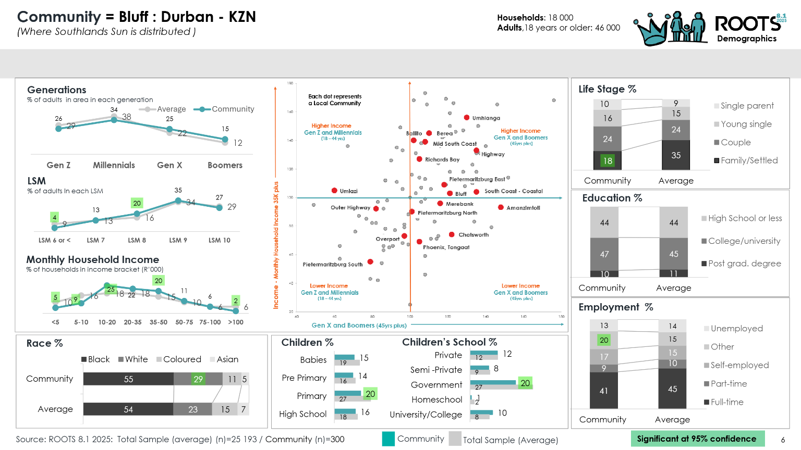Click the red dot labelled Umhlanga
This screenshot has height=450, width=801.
click(467, 118)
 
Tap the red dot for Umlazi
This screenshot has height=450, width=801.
click(334, 191)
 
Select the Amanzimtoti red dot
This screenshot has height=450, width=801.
click(501, 207)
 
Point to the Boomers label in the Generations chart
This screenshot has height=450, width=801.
click(225, 165)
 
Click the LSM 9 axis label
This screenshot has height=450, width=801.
click(178, 240)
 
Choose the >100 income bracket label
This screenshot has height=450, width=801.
click(236, 322)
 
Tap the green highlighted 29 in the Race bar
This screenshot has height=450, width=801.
click(198, 379)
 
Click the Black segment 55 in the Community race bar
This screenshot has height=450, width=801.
click(128, 379)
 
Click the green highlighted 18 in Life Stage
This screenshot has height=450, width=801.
click(608, 161)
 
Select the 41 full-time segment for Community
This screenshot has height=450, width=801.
click(604, 391)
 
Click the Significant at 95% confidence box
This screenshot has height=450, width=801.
click(697, 439)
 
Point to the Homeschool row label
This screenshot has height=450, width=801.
click(436, 399)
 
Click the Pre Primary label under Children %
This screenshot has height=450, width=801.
click(304, 378)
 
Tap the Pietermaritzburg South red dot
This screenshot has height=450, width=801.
click(370, 261)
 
